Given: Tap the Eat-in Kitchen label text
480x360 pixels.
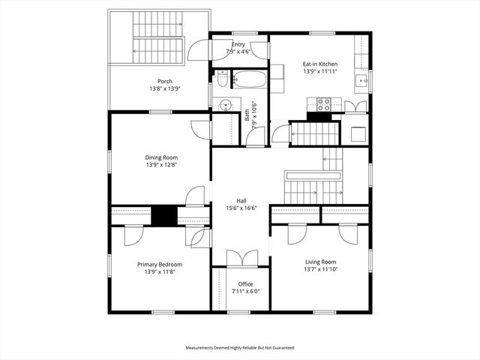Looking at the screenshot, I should (x=319, y=64).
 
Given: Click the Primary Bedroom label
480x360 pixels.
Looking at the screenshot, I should (x=159, y=264).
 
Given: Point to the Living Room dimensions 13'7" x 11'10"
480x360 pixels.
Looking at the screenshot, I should (x=320, y=270).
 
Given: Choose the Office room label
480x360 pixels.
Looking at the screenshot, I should (x=245, y=283).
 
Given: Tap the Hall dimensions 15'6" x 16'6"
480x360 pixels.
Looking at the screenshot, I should (x=241, y=208).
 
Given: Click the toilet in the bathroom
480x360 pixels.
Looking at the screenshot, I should (x=222, y=79).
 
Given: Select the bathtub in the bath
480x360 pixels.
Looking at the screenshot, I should (x=247, y=79).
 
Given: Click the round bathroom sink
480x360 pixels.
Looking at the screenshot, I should (x=223, y=105).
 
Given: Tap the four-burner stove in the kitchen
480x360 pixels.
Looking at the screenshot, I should (x=324, y=104).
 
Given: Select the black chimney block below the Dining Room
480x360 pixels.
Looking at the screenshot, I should (x=163, y=215).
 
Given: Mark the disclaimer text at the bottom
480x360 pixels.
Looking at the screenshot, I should (x=240, y=348).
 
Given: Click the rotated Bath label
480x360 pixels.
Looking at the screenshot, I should (x=247, y=116).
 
